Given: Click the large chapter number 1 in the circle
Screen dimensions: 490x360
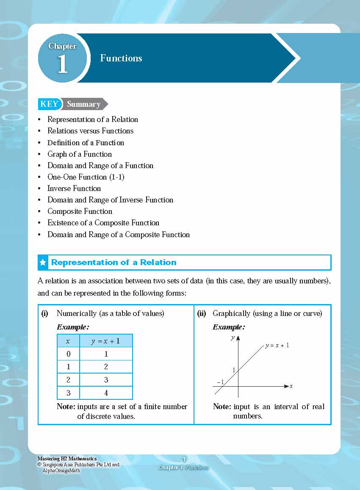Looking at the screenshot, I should coord(62,64).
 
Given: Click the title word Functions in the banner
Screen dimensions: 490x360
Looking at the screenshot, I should coord(121,58).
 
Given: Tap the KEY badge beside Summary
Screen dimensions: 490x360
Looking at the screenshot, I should coord(49,104).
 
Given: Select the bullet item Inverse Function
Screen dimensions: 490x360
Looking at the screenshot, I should coord(74,188).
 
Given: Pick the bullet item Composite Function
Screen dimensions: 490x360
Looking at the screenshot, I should coord(80,211).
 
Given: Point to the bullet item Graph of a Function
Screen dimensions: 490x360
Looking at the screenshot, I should coord(80,154).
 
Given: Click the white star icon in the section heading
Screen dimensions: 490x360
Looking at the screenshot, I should coord(43,263).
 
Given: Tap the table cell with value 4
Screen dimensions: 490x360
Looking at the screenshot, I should coord(106,393).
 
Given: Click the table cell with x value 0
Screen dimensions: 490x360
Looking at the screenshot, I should coord(68,354).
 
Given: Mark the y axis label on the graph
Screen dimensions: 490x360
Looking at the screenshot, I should coord(233,338).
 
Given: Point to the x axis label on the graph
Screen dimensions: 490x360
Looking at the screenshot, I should coord(291,386).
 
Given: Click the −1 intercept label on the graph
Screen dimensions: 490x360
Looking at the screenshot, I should coord(220,382).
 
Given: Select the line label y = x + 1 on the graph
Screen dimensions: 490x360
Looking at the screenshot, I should coord(277,346).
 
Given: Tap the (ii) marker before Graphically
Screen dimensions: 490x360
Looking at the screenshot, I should coord(202,314).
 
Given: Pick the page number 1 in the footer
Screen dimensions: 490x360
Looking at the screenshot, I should coord(184,460).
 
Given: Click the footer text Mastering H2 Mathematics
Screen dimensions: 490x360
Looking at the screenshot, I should coord(67,459).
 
